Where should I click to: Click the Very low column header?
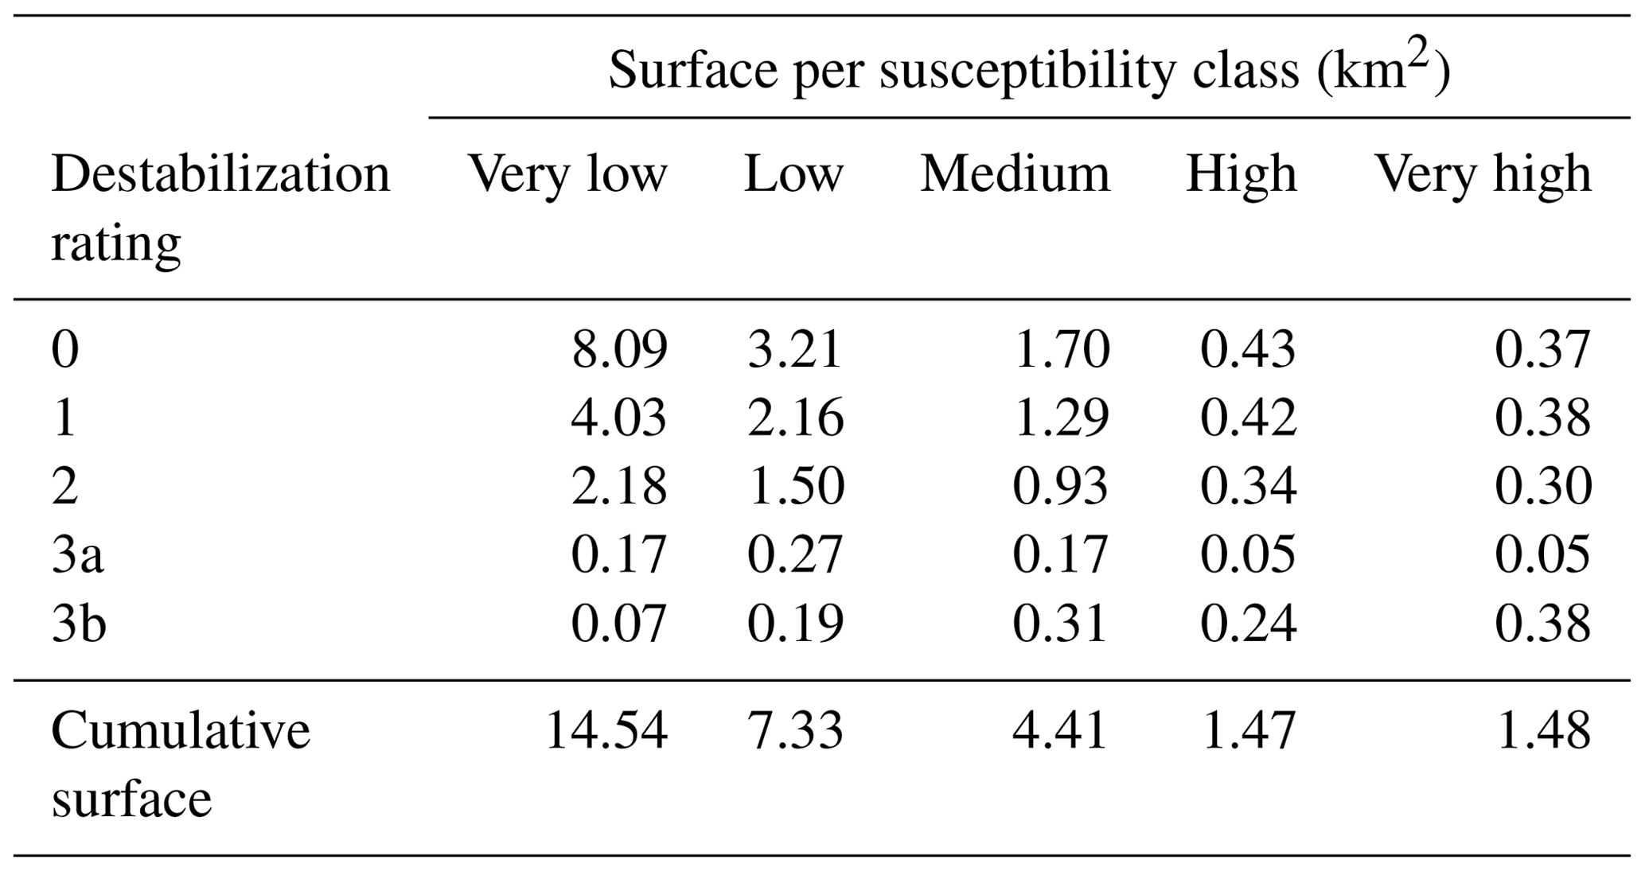click(x=567, y=173)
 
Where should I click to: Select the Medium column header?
click(x=1015, y=173)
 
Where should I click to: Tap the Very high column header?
click(x=1483, y=173)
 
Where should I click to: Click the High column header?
click(x=1242, y=173)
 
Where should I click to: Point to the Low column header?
click(x=793, y=173)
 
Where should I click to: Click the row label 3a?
click(x=77, y=554)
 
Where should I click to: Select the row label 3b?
click(x=79, y=623)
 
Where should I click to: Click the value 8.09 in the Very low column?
click(x=619, y=349)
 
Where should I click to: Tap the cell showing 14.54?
click(x=606, y=730)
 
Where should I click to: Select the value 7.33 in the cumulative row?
click(x=795, y=730)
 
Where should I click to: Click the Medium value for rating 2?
click(x=1060, y=486)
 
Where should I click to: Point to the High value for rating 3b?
click(x=1248, y=623)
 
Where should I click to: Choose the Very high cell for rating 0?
click(x=1542, y=349)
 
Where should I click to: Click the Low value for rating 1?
click(x=795, y=418)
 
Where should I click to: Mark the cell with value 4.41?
click(x=1060, y=730)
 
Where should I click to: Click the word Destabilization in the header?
click(x=220, y=173)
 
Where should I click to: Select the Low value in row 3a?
click(x=795, y=554)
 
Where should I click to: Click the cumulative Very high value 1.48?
click(x=1542, y=730)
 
